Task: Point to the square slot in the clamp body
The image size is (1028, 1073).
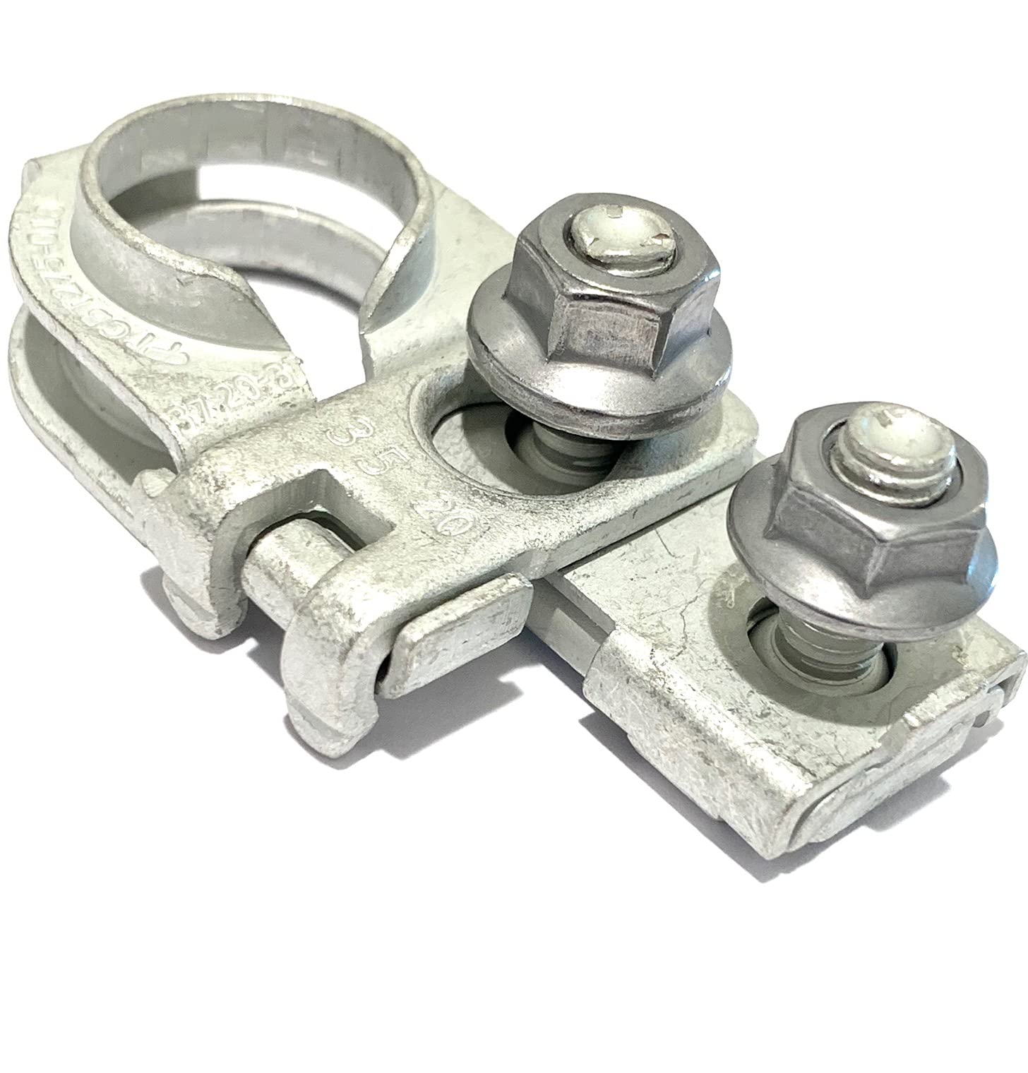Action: point(325,508)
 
